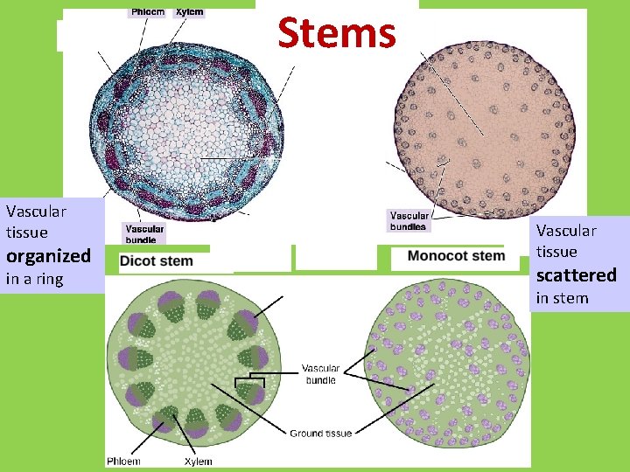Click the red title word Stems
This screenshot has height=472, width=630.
[337, 33]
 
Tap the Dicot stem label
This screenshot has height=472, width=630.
[157, 260]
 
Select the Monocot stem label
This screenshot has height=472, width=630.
[456, 256]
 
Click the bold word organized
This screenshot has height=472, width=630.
[48, 256]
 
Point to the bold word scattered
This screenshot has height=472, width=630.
[576, 275]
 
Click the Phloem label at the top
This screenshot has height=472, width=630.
[148, 12]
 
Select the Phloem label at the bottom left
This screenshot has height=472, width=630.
[122, 461]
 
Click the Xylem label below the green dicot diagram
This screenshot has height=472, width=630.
[198, 461]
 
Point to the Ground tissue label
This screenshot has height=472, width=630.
[321, 434]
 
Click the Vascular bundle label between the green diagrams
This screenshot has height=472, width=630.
[320, 374]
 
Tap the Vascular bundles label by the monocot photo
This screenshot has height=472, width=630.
[409, 221]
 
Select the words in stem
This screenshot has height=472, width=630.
[562, 298]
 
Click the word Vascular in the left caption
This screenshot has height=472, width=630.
[36, 211]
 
